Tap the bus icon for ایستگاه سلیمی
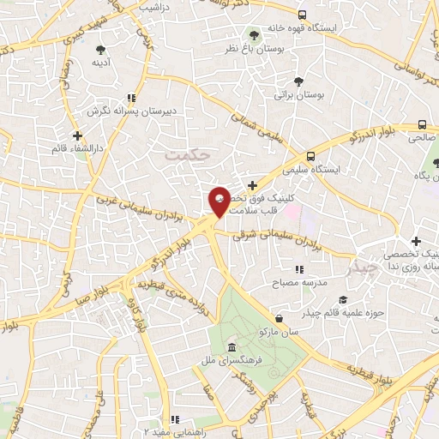(310, 157)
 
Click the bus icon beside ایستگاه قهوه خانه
(302, 15)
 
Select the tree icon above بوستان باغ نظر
(253, 34)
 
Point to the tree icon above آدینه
(100, 49)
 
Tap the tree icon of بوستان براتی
(298, 81)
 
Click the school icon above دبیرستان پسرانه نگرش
(130, 98)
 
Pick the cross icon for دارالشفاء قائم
(78, 135)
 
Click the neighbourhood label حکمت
(183, 153)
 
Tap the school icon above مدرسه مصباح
(298, 270)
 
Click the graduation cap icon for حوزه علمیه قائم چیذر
(343, 299)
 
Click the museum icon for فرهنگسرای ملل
(232, 347)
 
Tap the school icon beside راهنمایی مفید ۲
(175, 420)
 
